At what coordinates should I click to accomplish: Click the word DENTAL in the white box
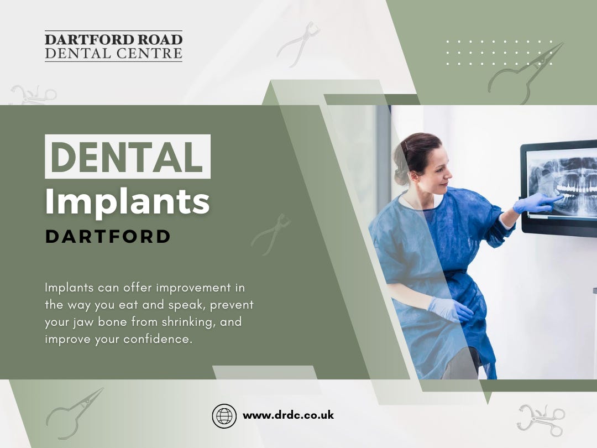(127, 157)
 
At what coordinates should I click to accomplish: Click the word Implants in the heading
(127, 203)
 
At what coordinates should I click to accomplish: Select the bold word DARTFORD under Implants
(108, 237)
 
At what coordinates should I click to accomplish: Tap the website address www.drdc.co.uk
(288, 415)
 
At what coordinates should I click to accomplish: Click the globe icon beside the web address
(224, 416)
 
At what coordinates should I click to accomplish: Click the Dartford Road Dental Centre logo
(113, 46)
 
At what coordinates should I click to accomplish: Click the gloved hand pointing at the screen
(533, 203)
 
